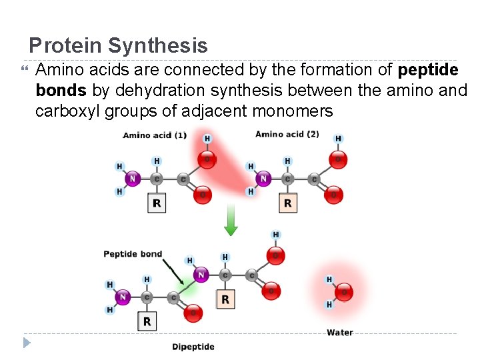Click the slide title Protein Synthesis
[118, 46]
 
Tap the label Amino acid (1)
[155, 136]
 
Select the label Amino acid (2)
[287, 135]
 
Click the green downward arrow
[231, 221]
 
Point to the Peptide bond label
[133, 254]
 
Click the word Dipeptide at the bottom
[193, 347]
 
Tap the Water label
[340, 333]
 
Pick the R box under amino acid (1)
[157, 203]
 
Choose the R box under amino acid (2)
[287, 203]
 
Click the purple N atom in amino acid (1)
[132, 179]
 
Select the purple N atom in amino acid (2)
[263, 179]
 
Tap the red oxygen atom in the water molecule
[344, 291]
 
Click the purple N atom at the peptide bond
[200, 274]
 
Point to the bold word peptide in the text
[427, 70]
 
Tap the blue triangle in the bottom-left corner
[27, 343]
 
